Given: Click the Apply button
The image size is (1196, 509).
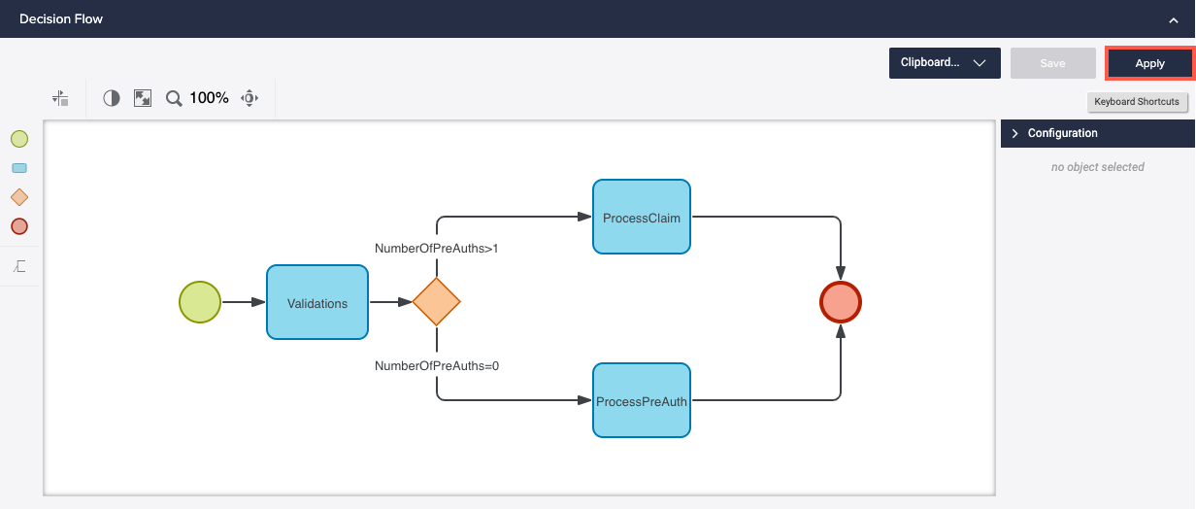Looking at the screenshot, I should [x=1149, y=63].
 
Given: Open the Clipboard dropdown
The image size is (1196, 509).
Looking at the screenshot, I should [x=944, y=63].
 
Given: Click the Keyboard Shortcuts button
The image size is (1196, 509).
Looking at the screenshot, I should [x=1136, y=102].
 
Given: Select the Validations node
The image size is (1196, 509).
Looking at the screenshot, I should [x=317, y=303].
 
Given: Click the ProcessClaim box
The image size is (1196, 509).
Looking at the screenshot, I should [x=641, y=218].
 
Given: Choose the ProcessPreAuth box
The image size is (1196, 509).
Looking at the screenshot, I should [x=641, y=401].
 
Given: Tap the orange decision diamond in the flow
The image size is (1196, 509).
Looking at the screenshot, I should [x=436, y=302].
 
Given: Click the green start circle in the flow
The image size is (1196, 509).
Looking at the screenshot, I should [x=200, y=302].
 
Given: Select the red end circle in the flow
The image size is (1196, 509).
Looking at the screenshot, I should [x=841, y=302].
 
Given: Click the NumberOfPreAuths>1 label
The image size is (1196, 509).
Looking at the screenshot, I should [x=436, y=249].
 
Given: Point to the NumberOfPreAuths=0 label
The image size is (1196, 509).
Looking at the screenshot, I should [x=436, y=366].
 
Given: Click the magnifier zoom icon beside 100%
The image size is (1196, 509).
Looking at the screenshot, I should [x=174, y=98].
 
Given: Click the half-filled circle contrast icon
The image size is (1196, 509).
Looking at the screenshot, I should [x=112, y=98].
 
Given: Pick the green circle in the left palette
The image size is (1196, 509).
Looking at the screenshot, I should [x=19, y=139].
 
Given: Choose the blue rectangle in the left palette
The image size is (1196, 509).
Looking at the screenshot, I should [x=19, y=168].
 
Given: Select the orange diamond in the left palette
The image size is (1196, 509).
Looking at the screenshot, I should [x=19, y=197].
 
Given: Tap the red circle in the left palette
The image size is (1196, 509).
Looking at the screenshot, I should [x=19, y=226].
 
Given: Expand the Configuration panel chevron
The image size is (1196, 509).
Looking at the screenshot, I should [x=1015, y=133].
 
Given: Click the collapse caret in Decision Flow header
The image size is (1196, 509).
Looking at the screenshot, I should [x=1174, y=19].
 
